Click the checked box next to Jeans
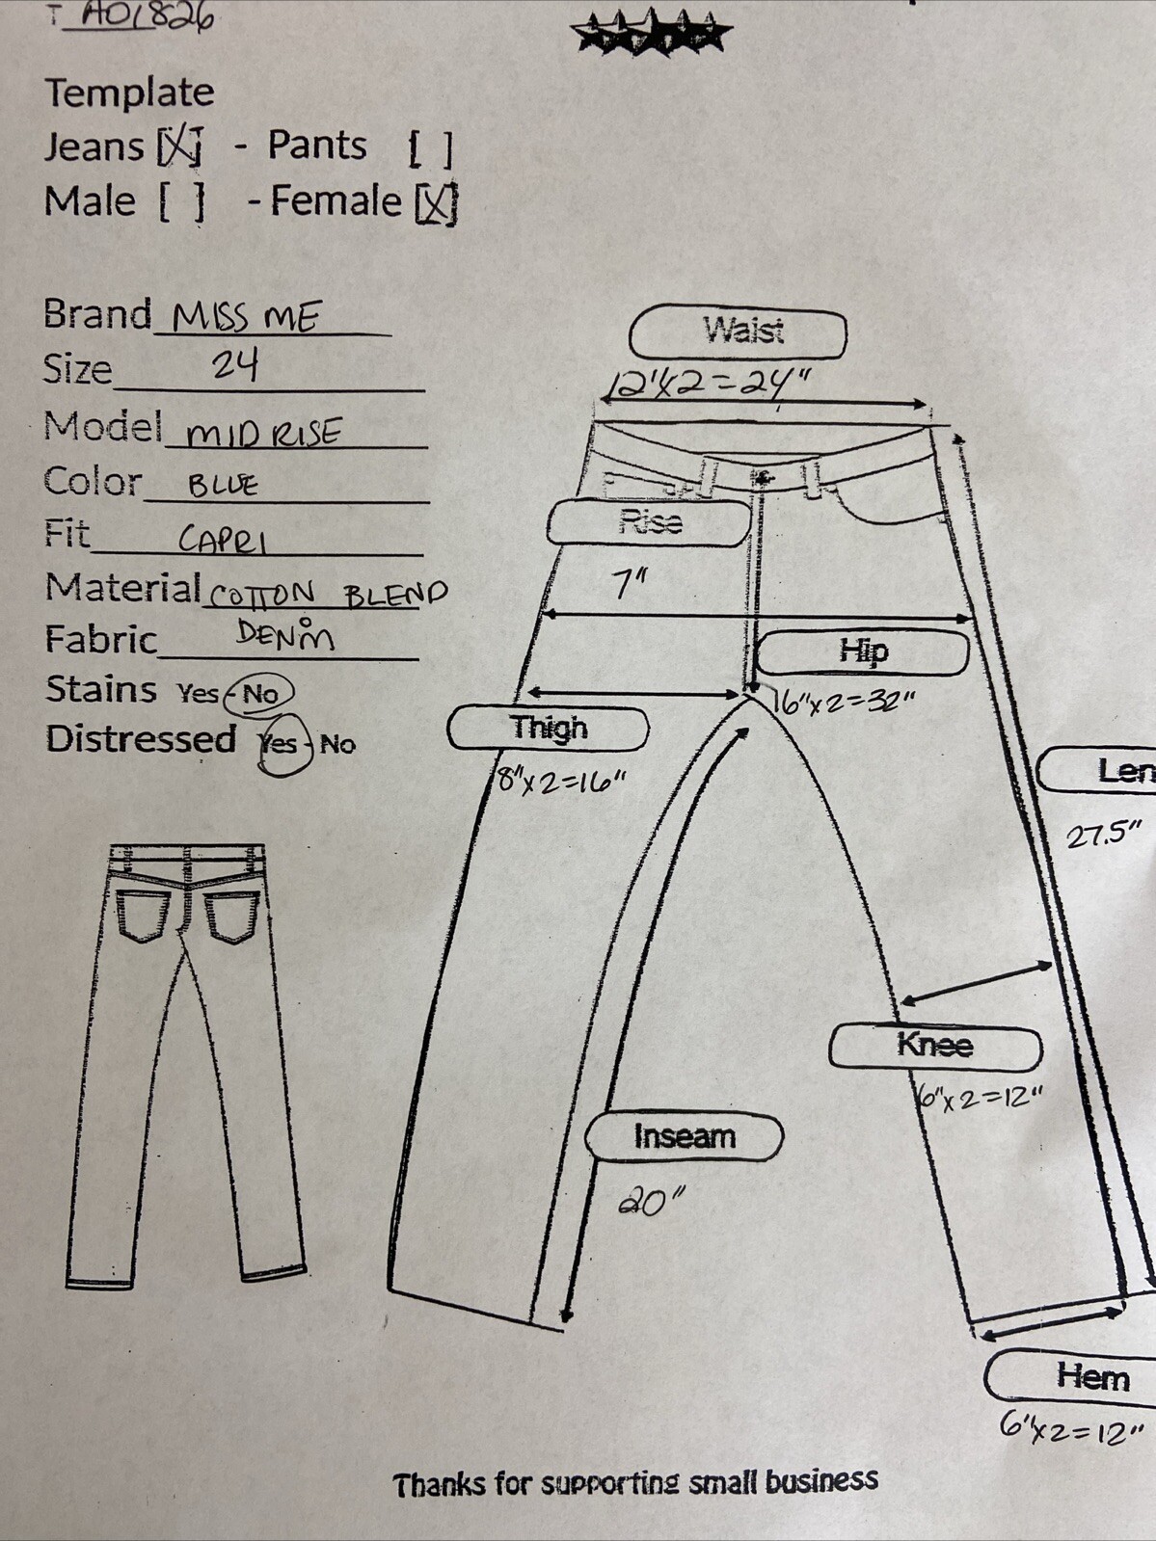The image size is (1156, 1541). pyautogui.click(x=179, y=146)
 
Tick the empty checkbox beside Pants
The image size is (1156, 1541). pyautogui.click(x=430, y=148)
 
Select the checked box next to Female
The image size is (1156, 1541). pyautogui.click(x=436, y=203)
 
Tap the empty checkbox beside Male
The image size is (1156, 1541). pyautogui.click(x=182, y=202)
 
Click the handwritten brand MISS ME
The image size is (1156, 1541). pyautogui.click(x=247, y=317)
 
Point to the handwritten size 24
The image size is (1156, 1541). pyautogui.click(x=235, y=365)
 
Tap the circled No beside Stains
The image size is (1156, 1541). pyautogui.click(x=259, y=693)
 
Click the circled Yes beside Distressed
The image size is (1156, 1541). pyautogui.click(x=281, y=744)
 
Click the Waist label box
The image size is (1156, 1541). pyautogui.click(x=739, y=332)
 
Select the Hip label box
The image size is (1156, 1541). pyautogui.click(x=862, y=652)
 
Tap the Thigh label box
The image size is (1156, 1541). pyautogui.click(x=548, y=729)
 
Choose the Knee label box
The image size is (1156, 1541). pyautogui.click(x=935, y=1047)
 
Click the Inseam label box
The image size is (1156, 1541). pyautogui.click(x=684, y=1137)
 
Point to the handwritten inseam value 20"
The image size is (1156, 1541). pyautogui.click(x=650, y=1202)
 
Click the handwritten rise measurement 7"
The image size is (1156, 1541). pyautogui.click(x=631, y=583)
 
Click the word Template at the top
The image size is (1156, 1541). pyautogui.click(x=130, y=93)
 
